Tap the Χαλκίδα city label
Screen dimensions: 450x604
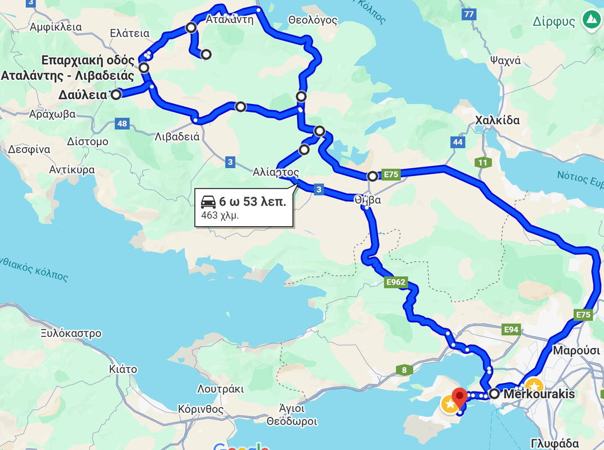(x=497, y=120)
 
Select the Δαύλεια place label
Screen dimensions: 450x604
(x=82, y=95)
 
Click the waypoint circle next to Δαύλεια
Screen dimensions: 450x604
(x=116, y=94)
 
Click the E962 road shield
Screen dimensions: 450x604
(x=396, y=282)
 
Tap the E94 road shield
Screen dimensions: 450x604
(x=512, y=329)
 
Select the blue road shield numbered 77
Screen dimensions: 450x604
(x=469, y=14)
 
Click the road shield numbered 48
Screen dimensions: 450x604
(x=122, y=123)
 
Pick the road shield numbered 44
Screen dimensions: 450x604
(x=458, y=142)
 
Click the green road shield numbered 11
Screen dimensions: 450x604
(x=482, y=163)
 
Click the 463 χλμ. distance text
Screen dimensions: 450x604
(x=216, y=215)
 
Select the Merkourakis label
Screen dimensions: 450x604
(x=539, y=394)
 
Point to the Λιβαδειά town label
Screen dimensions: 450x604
(x=177, y=136)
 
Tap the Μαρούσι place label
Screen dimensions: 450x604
(x=576, y=350)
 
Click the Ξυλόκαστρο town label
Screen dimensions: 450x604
(x=71, y=334)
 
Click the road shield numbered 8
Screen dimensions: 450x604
(x=404, y=370)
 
